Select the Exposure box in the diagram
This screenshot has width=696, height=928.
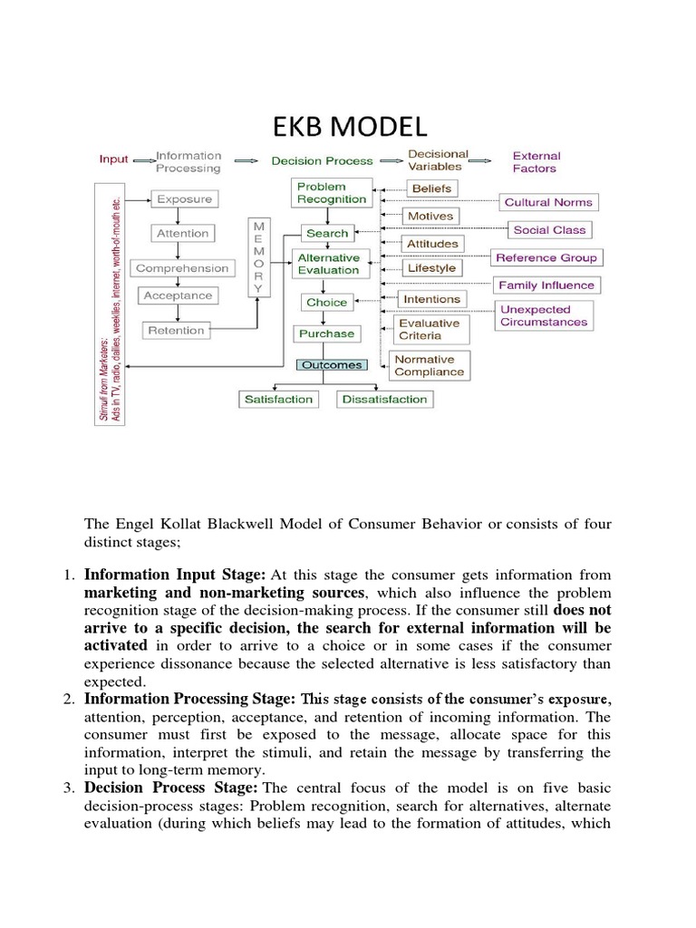[184, 199]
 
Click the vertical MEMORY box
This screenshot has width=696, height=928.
[259, 256]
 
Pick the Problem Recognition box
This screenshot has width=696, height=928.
[321, 192]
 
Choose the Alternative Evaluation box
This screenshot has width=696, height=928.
[329, 264]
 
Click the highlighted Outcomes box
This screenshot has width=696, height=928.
[331, 365]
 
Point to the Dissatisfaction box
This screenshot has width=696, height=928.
[385, 399]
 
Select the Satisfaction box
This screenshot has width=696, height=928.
[277, 399]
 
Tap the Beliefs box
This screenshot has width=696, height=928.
[431, 188]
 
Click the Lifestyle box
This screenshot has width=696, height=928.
[432, 269]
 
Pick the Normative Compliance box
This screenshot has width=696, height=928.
[429, 365]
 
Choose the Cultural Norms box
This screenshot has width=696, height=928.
[547, 203]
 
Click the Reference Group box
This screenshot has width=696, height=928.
[546, 258]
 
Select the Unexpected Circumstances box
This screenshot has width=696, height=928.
[544, 315]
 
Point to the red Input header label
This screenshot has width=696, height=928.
[114, 159]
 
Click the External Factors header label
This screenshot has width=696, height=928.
[536, 161]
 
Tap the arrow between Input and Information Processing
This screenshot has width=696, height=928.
[143, 160]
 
